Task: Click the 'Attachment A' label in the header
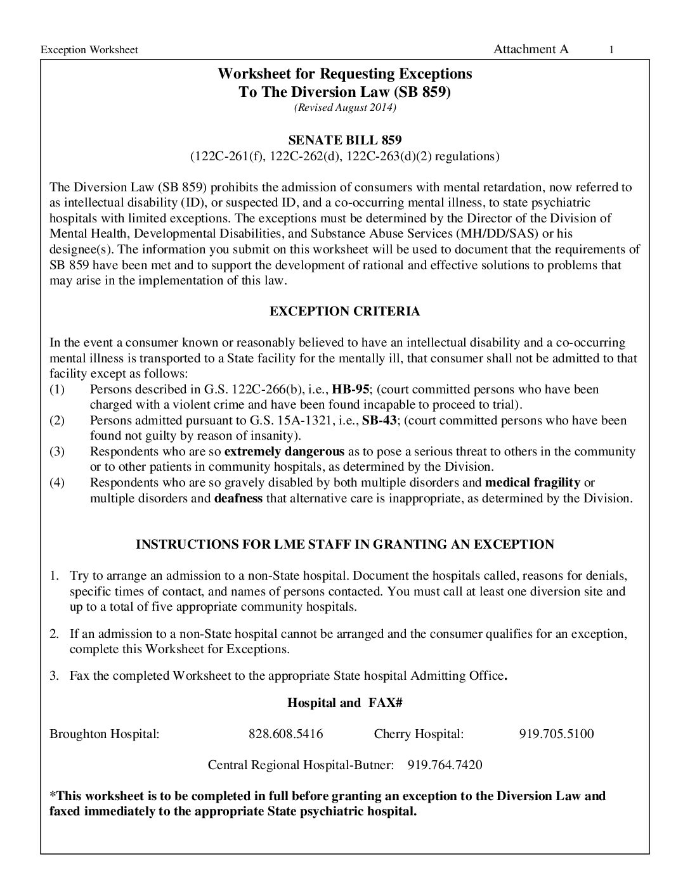coord(531,49)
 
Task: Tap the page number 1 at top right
coord(611,50)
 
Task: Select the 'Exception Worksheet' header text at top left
coord(89,50)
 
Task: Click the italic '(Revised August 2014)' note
coord(345,108)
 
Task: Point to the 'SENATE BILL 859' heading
coord(345,139)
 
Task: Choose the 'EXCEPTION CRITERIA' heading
coord(345,311)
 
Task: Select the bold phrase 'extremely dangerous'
coord(285,452)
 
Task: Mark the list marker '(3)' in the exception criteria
coord(57,452)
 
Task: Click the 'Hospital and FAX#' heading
coord(346,703)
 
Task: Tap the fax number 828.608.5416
coord(285,734)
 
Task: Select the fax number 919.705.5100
coord(556,734)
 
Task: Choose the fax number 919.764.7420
coord(445,765)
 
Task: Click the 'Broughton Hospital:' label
coord(104,734)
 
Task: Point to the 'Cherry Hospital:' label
coord(419,734)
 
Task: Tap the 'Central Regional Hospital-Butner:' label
coord(301,765)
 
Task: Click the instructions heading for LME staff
coord(345,544)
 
